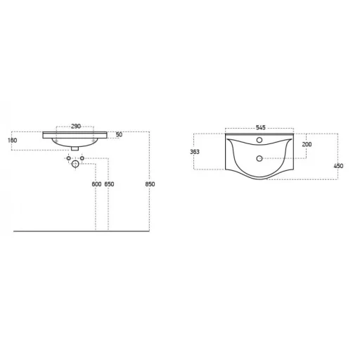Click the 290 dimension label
tap(76, 127)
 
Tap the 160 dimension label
tap(12, 141)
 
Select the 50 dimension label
tap(119, 134)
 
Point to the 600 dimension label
tap(96, 184)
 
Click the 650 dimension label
tap(109, 184)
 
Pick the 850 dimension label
tap(150, 184)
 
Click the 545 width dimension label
tap(261, 127)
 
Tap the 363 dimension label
tap(195, 152)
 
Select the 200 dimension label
tap(307, 144)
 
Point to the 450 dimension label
tap(338, 166)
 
